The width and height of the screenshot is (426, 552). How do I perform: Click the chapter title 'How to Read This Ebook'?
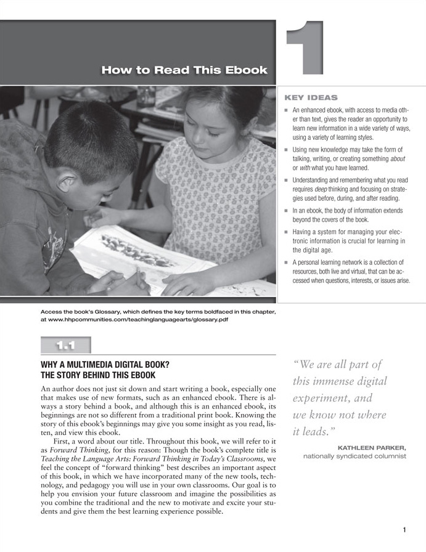[x=184, y=70]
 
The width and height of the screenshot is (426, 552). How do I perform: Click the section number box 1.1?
[x=66, y=345]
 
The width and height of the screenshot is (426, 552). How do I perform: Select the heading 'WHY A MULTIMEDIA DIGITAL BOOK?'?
[x=104, y=364]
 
